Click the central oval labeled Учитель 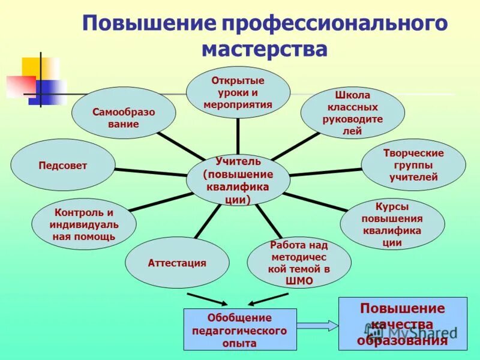[238, 181]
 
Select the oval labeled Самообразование [124, 118]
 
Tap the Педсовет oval [62, 166]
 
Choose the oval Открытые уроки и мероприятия [238, 92]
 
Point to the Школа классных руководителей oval [352, 113]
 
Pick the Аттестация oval [177, 263]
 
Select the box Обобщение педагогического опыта [239, 329]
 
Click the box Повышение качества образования [402, 324]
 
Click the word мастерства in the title [264, 49]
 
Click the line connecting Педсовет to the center [150, 172]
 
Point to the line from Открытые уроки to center [238, 136]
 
